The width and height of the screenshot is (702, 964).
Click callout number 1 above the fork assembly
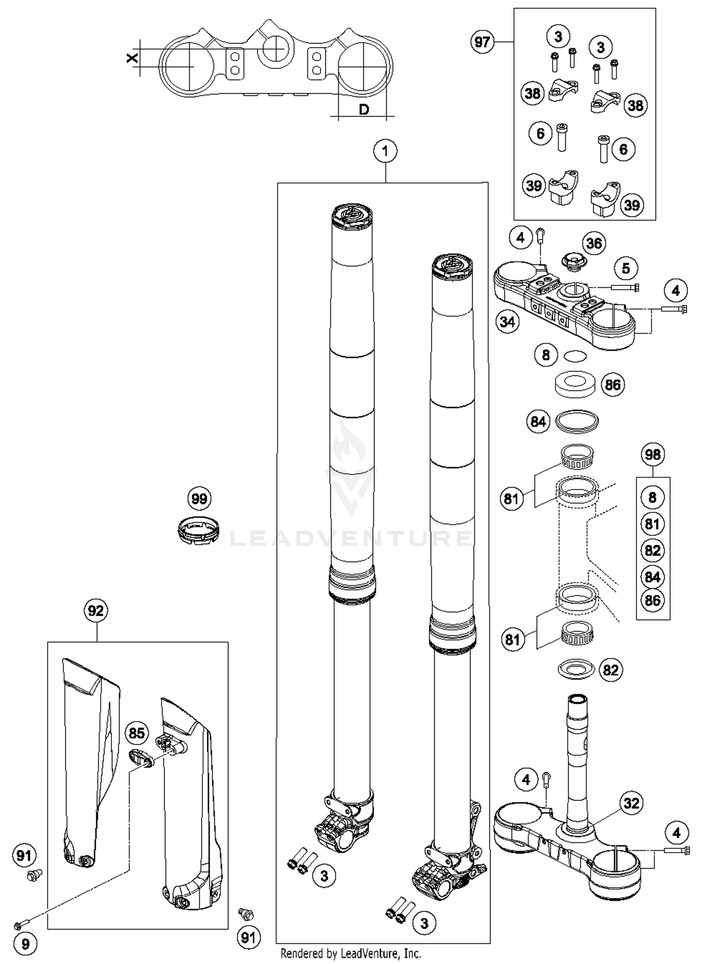pyautogui.click(x=385, y=151)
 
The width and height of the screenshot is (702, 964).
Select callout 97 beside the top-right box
pyautogui.click(x=482, y=42)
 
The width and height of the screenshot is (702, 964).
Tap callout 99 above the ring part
pyautogui.click(x=199, y=498)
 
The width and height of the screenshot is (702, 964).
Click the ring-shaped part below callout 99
pyautogui.click(x=199, y=530)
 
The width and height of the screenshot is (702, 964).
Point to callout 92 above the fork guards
pyautogui.click(x=96, y=611)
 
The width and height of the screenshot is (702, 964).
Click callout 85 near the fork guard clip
pyautogui.click(x=137, y=733)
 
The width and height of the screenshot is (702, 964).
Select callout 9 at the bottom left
pyautogui.click(x=25, y=943)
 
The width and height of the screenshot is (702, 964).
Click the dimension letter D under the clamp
pyautogui.click(x=364, y=110)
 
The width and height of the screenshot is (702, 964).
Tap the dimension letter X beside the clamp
pyautogui.click(x=133, y=58)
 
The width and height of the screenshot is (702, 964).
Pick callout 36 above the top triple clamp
pyautogui.click(x=594, y=243)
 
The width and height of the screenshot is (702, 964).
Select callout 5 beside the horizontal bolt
pyautogui.click(x=626, y=268)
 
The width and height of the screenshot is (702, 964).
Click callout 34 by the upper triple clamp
pyautogui.click(x=507, y=322)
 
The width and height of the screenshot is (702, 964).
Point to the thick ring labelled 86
pyautogui.click(x=575, y=384)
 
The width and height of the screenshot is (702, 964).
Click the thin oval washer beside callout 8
pyautogui.click(x=575, y=357)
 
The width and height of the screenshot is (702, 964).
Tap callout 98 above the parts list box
pyautogui.click(x=652, y=454)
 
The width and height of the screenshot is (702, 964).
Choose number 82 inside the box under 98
pyautogui.click(x=652, y=550)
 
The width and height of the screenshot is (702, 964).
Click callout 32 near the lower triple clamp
pyautogui.click(x=631, y=803)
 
